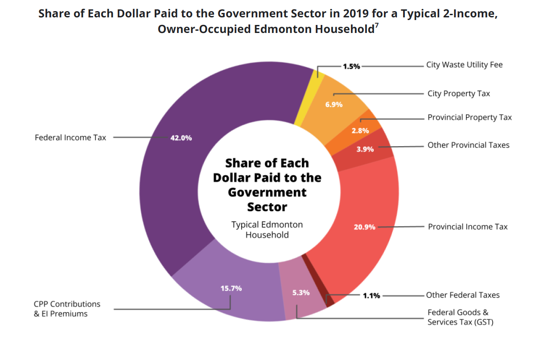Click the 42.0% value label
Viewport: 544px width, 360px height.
[181, 138]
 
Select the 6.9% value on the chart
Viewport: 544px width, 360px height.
[334, 105]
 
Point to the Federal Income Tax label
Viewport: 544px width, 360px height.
[70, 138]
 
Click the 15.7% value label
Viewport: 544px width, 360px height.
[231, 288]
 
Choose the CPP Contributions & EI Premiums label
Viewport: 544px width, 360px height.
[67, 309]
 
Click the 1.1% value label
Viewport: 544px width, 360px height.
[371, 295]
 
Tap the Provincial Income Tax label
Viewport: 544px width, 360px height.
[468, 227]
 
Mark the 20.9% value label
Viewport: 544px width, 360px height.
[364, 227]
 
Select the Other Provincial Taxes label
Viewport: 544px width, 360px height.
[468, 145]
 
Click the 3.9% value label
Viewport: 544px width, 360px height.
[365, 149]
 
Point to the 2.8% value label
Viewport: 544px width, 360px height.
[360, 131]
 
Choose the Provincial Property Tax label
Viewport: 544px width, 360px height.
[470, 118]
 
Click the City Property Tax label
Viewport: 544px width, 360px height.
[458, 94]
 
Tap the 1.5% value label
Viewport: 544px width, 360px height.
[351, 66]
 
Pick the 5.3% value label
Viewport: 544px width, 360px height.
[301, 293]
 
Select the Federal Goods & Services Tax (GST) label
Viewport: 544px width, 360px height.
[460, 317]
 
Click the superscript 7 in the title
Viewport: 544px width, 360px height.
[377, 25]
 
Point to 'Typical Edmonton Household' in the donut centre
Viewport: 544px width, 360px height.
[267, 229]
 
